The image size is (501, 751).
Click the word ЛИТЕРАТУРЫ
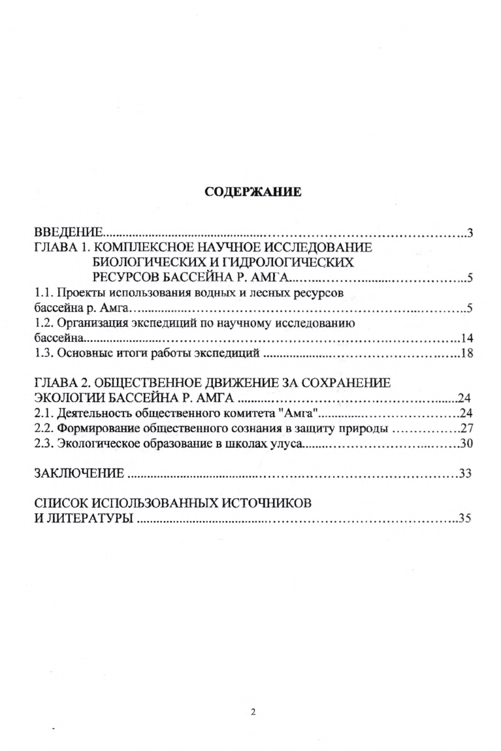(88, 520)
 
